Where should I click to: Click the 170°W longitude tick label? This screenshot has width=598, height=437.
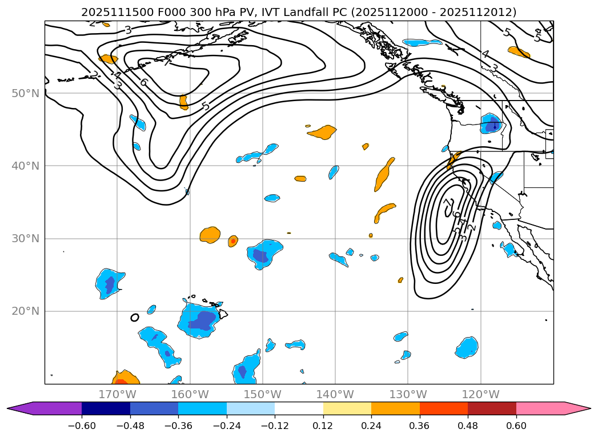pyautogui.click(x=117, y=394)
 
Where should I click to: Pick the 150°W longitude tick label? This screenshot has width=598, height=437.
pyautogui.click(x=263, y=394)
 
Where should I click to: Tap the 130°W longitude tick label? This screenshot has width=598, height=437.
pyautogui.click(x=408, y=394)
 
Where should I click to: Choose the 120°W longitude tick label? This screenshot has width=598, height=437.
pyautogui.click(x=480, y=394)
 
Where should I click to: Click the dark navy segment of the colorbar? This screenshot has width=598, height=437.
pyautogui.click(x=106, y=408)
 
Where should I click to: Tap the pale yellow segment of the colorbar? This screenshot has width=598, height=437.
pyautogui.click(x=347, y=408)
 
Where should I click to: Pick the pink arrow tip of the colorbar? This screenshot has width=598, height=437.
pyautogui.click(x=577, y=408)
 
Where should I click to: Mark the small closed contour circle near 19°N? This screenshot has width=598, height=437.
pyautogui.click(x=135, y=318)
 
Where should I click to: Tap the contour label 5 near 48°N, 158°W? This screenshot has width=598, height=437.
pyautogui.click(x=206, y=106)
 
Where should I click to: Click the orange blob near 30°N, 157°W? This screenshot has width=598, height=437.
pyautogui.click(x=210, y=234)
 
